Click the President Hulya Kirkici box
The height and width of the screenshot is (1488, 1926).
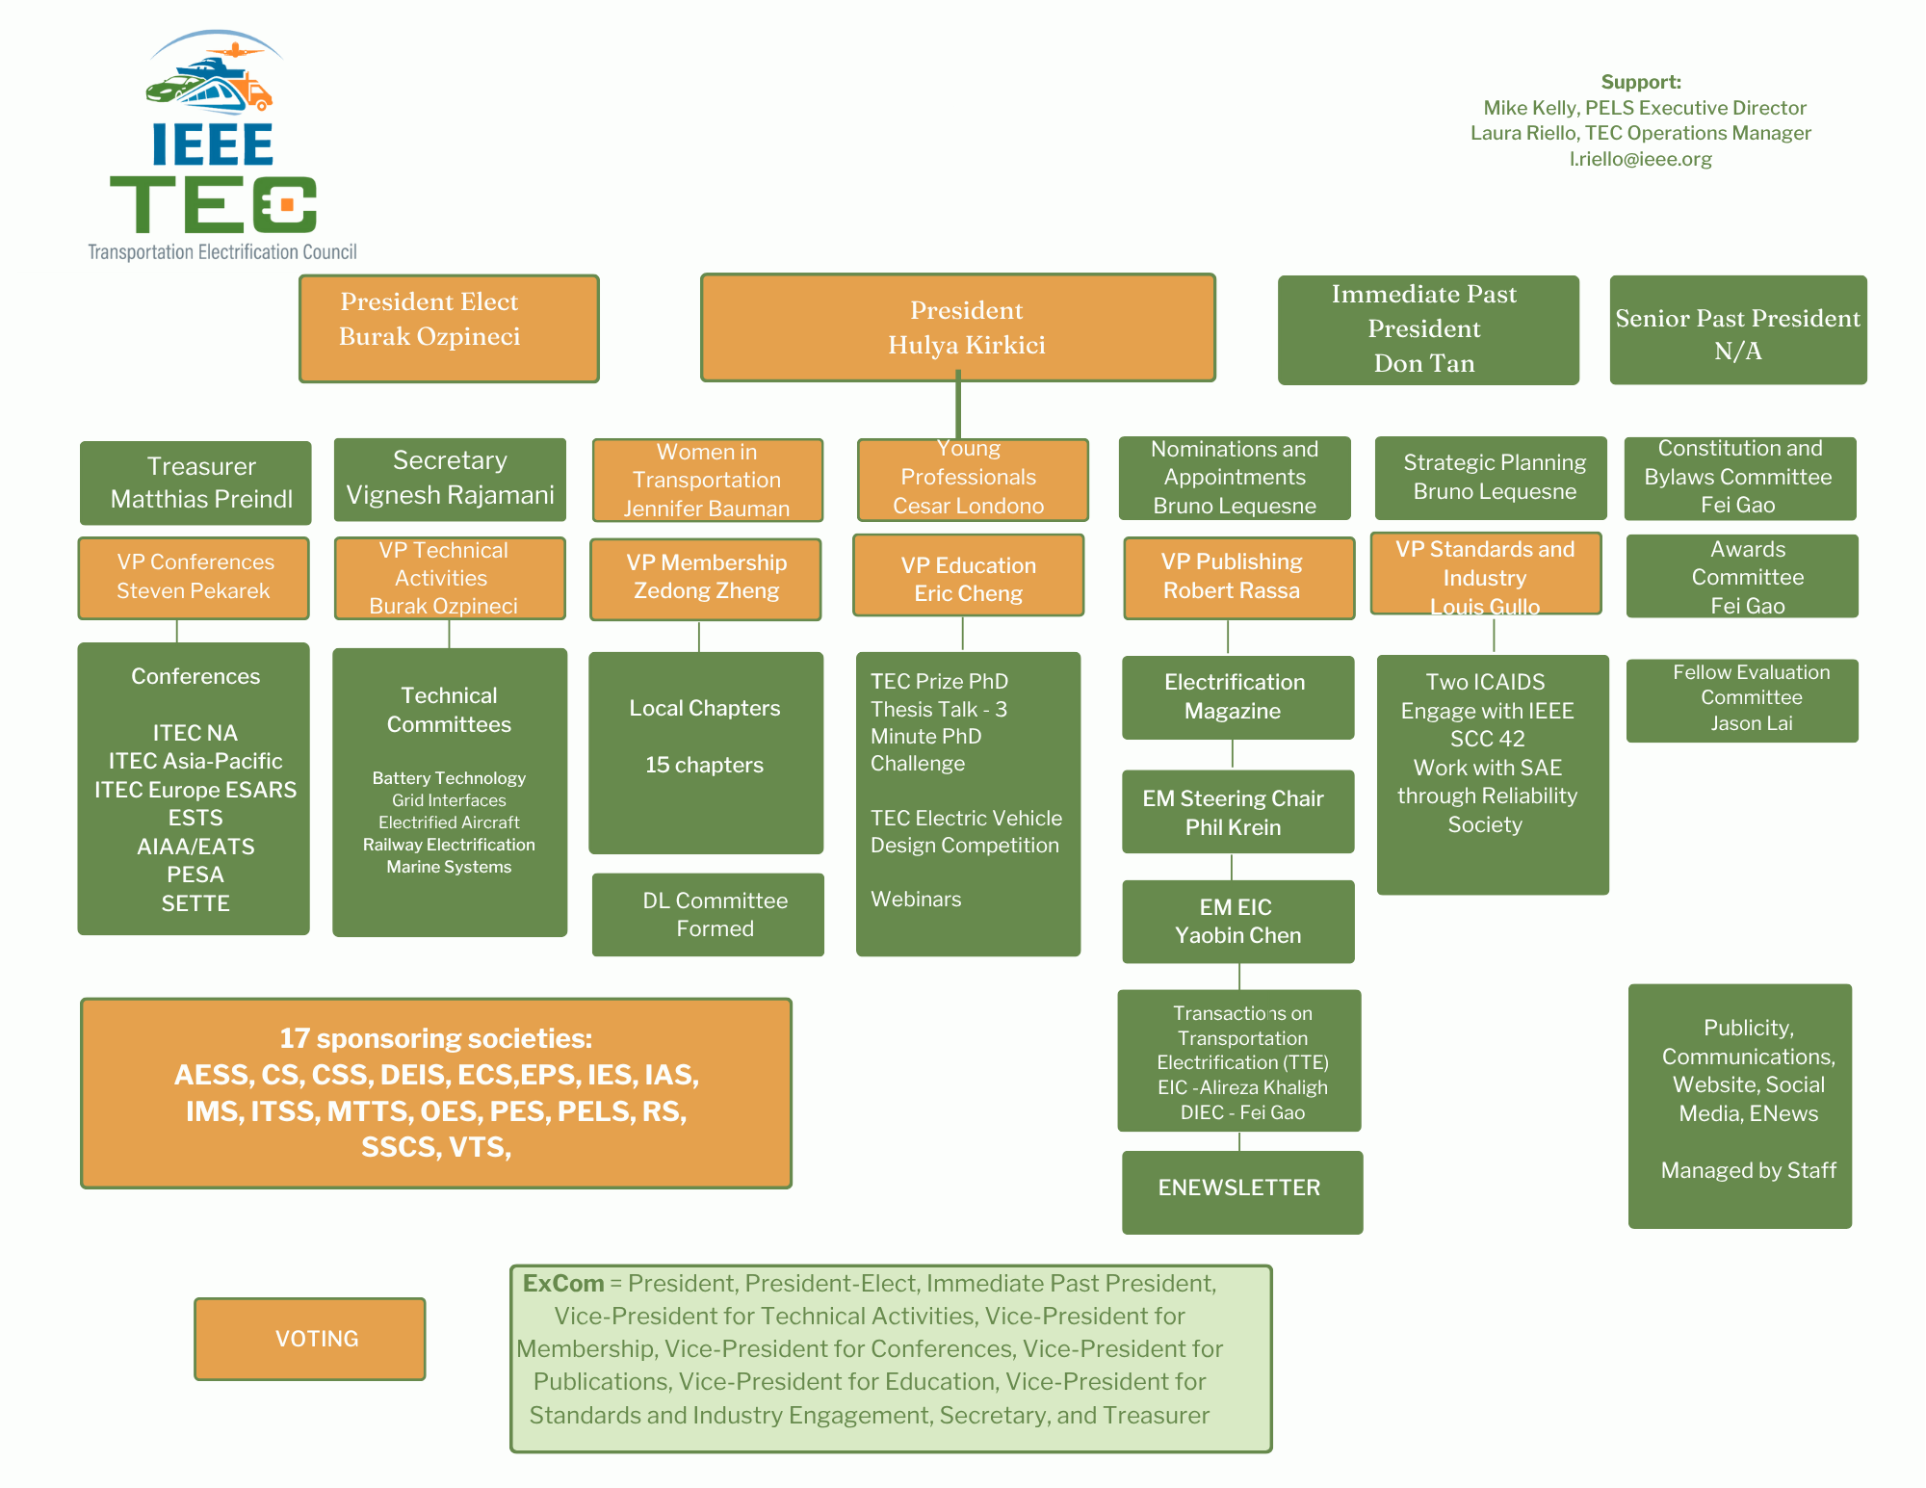(958, 327)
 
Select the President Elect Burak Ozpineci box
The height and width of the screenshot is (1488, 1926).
(449, 328)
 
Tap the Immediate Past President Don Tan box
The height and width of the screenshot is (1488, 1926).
(1427, 329)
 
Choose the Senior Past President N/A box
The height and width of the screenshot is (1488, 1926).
(1737, 330)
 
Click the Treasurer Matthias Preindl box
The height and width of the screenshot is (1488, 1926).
(195, 483)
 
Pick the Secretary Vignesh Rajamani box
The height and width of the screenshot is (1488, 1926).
(450, 479)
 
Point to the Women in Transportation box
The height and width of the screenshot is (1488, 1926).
(707, 480)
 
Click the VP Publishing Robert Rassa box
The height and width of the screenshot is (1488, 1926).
(1238, 577)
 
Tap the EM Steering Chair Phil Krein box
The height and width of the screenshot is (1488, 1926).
(1237, 812)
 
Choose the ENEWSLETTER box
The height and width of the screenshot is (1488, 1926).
(1241, 1191)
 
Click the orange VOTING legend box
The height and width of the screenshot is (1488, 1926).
(310, 1339)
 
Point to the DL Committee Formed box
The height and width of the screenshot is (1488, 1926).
(708, 914)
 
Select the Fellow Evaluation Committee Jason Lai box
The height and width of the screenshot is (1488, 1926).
(1742, 700)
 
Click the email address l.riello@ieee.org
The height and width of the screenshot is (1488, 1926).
(1640, 159)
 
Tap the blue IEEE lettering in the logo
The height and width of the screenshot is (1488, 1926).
(213, 144)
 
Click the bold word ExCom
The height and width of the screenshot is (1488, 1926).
(563, 1284)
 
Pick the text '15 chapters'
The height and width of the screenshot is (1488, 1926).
(704, 765)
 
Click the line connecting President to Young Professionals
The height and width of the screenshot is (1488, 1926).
(958, 409)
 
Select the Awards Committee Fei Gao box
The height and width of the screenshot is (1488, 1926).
(1742, 576)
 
